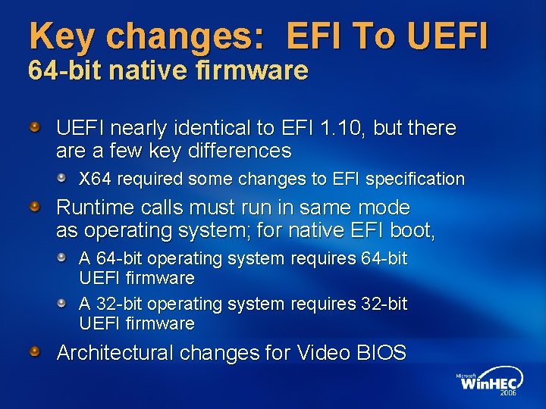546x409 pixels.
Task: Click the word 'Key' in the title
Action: coord(61,36)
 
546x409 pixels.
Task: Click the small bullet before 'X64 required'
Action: coord(61,176)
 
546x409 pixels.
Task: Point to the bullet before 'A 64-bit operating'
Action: coord(61,256)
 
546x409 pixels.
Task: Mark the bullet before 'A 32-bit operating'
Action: coord(61,301)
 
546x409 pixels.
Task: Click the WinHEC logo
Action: coord(489,382)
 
